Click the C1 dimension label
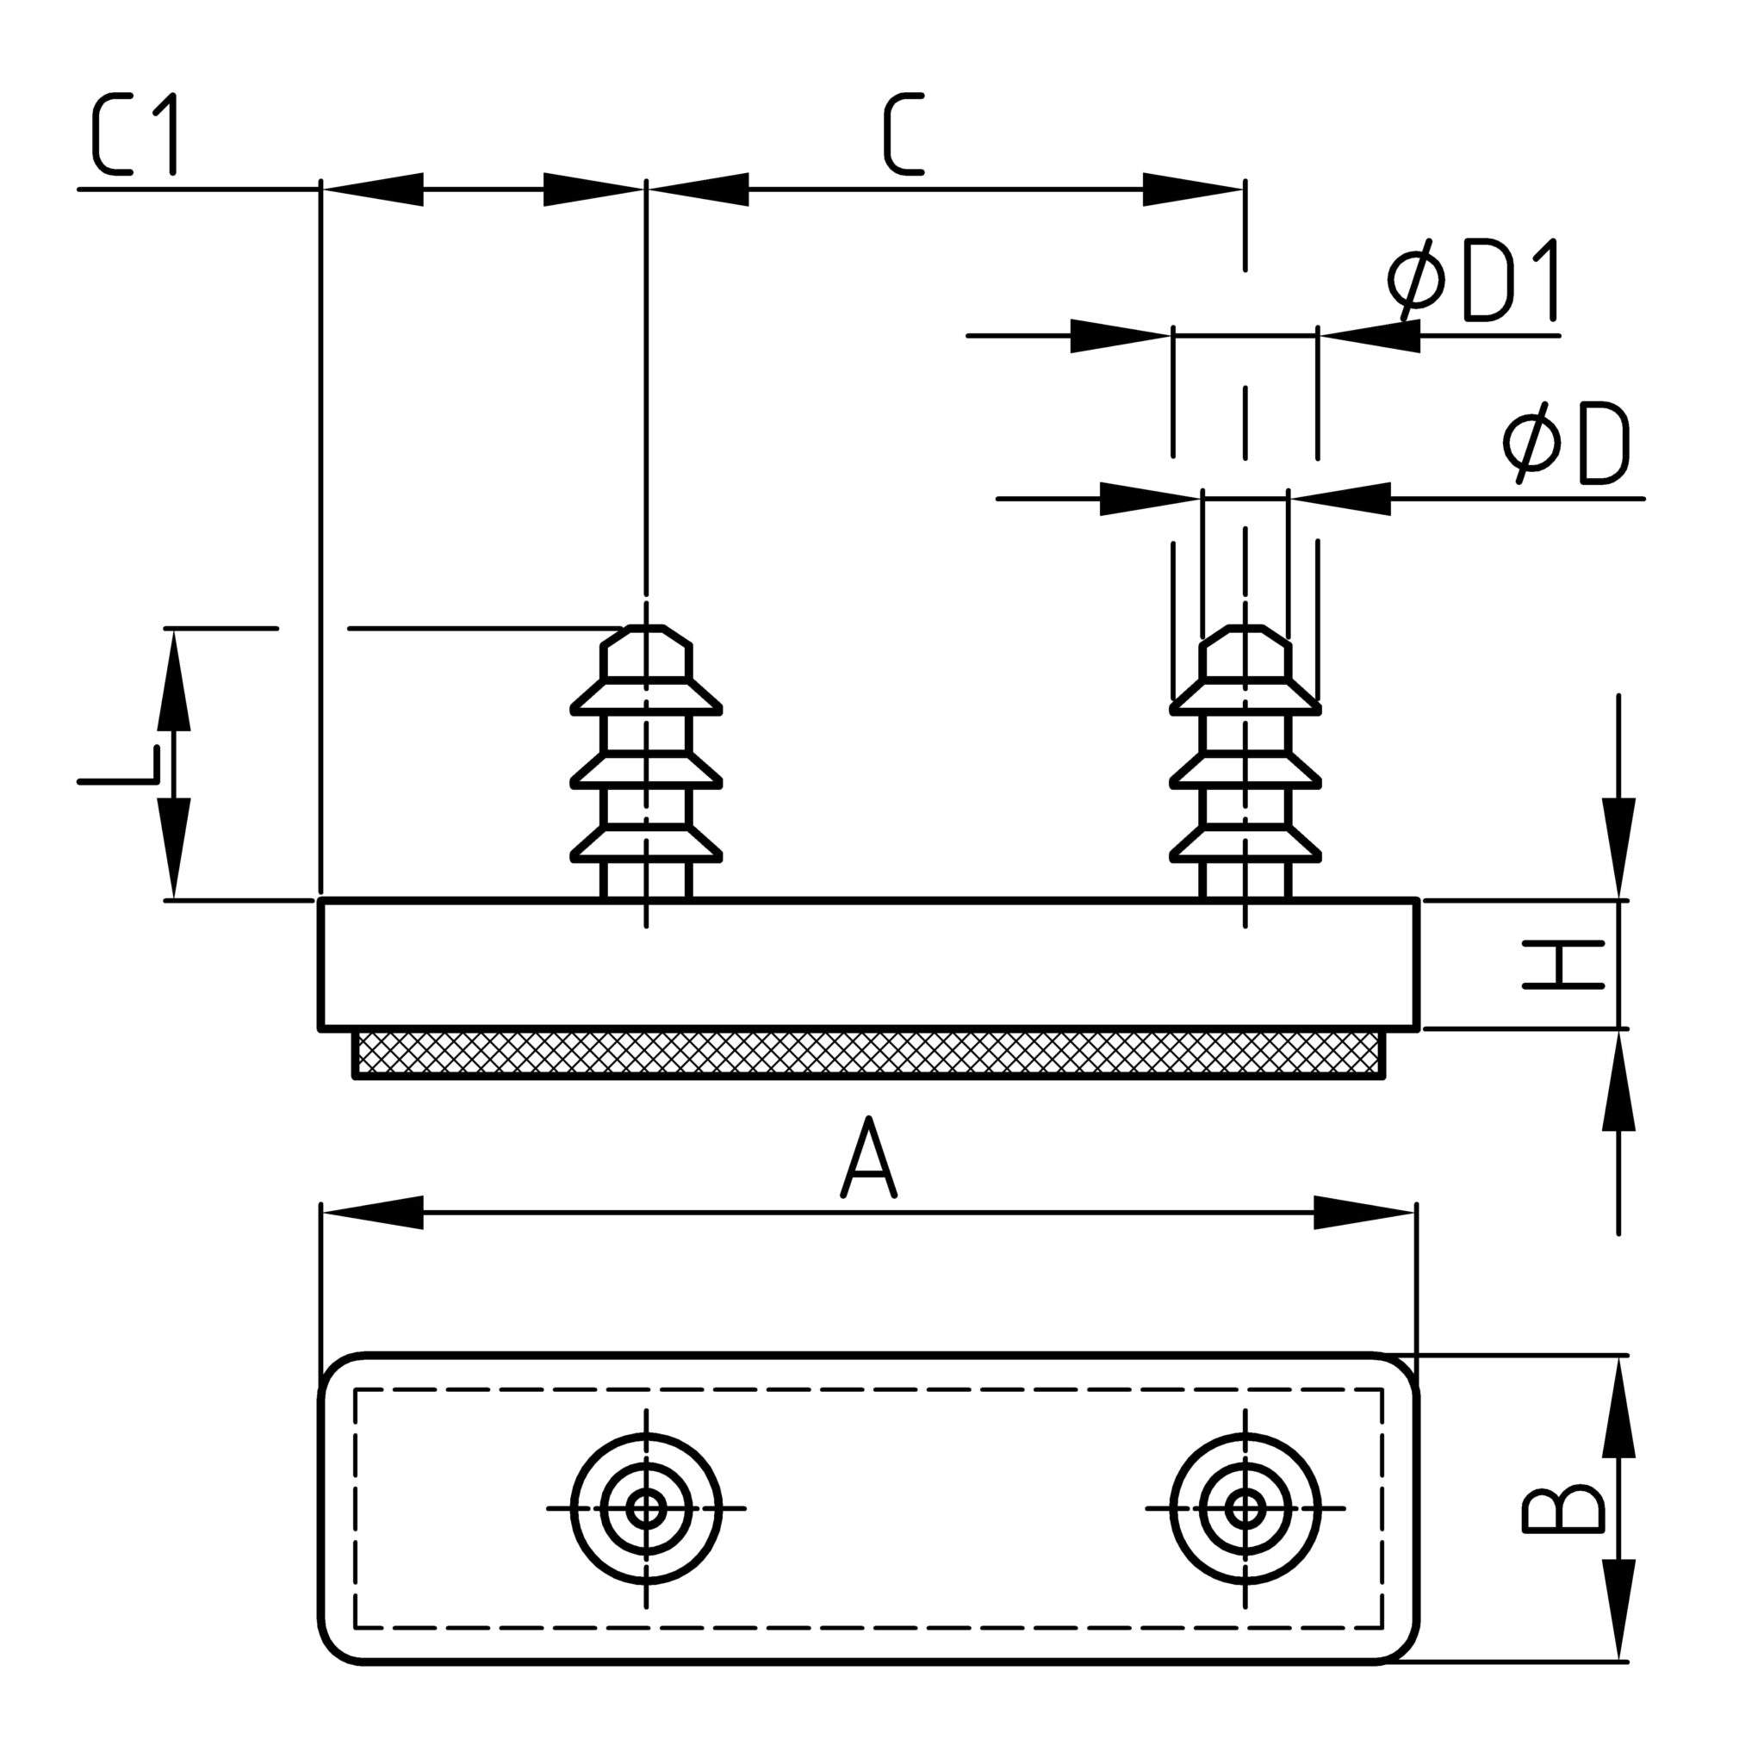click(135, 135)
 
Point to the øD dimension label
click(1566, 444)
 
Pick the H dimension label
click(1563, 964)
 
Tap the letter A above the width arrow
click(868, 1158)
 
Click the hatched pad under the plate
click(868, 1053)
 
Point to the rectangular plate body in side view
click(868, 964)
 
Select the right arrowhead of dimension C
click(1191, 189)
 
